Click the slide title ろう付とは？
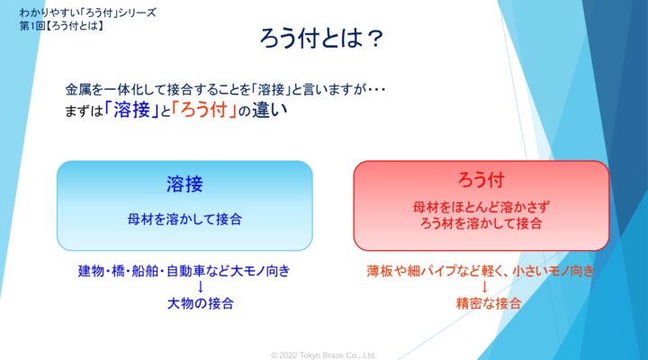click(x=321, y=39)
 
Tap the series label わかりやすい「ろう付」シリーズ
click(x=87, y=13)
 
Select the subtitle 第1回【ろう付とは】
click(x=61, y=25)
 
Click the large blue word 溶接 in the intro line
click(x=131, y=110)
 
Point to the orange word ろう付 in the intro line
click(x=203, y=110)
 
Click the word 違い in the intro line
click(x=269, y=111)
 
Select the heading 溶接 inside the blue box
click(x=184, y=184)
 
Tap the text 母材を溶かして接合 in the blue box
click(x=184, y=219)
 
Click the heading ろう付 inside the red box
click(x=481, y=180)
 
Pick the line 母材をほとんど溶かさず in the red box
click(x=481, y=207)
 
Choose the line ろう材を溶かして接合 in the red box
click(x=481, y=223)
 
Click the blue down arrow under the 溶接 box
click(x=201, y=287)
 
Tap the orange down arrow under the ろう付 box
click(x=485, y=287)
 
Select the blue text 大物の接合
click(x=201, y=303)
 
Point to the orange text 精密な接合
click(x=489, y=303)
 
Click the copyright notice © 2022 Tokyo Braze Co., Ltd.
click(x=324, y=355)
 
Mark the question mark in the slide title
click(x=374, y=39)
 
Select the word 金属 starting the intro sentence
click(x=78, y=89)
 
